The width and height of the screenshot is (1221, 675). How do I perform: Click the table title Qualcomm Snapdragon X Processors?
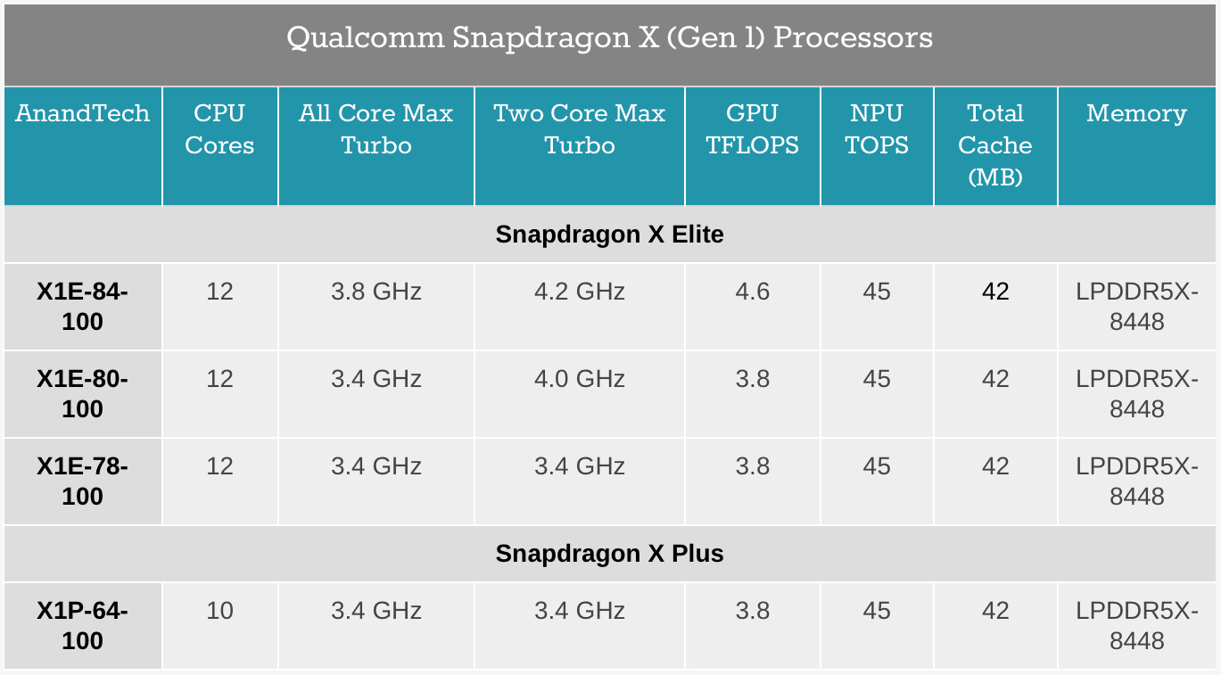610,38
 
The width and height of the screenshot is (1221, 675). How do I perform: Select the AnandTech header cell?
82,114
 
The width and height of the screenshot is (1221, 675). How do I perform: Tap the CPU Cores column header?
219,129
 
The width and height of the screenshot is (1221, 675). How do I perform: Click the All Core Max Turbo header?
375,129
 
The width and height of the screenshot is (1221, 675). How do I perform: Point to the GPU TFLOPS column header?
752,129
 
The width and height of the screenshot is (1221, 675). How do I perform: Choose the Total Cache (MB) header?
994,144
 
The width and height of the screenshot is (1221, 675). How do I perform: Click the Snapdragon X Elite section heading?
610,235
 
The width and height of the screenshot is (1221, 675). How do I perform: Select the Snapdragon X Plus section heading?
610,554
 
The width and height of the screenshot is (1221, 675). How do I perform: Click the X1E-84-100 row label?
82,306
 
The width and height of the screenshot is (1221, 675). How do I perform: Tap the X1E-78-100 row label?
82,481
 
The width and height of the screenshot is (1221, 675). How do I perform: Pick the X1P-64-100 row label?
82,625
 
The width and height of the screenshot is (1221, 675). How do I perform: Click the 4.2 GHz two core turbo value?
579,292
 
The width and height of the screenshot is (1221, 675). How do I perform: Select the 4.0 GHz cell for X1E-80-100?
579,379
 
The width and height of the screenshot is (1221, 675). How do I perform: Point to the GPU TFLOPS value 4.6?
752,292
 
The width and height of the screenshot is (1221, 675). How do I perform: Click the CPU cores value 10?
219,611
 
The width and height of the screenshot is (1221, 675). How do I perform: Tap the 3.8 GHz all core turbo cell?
375,292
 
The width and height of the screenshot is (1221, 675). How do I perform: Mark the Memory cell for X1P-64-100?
1136,625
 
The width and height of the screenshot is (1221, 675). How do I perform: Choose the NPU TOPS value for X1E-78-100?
877,466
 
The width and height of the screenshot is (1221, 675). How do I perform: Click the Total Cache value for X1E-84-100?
994,292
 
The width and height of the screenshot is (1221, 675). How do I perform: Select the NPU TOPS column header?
877,129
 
